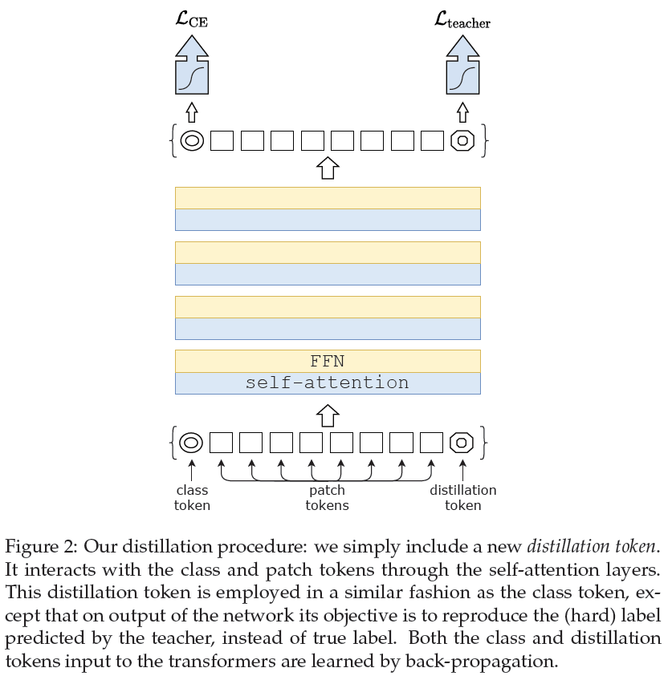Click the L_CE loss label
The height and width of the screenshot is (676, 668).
click(191, 18)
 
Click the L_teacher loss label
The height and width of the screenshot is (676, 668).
click(462, 18)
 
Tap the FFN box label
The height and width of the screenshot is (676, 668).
click(327, 361)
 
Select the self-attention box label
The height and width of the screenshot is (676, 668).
click(327, 383)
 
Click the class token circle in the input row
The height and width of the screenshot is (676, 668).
click(191, 442)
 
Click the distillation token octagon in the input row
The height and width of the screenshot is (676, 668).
click(462, 442)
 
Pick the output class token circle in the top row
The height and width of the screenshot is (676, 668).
click(191, 140)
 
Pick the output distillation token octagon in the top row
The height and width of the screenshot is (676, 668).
click(462, 140)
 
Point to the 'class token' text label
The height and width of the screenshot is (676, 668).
click(192, 497)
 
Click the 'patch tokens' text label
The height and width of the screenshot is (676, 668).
click(327, 497)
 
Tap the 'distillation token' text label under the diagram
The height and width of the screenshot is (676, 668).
click(462, 497)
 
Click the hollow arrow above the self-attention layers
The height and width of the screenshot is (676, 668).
click(327, 168)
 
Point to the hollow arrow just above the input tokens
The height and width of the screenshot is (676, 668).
click(327, 415)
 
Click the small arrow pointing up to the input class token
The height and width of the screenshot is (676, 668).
click(191, 467)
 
